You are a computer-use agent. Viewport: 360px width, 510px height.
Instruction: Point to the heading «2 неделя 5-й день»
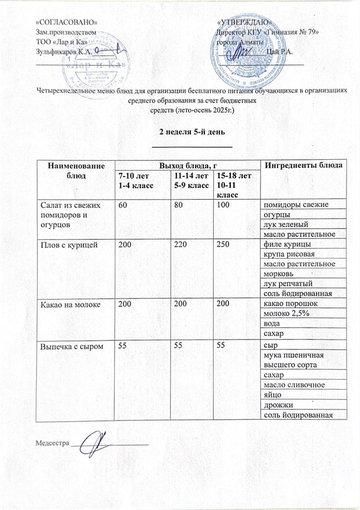pos(193,132)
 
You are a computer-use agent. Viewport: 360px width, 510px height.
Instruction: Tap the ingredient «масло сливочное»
pos(293,385)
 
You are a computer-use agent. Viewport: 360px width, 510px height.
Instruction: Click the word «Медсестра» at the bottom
pos(52,443)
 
